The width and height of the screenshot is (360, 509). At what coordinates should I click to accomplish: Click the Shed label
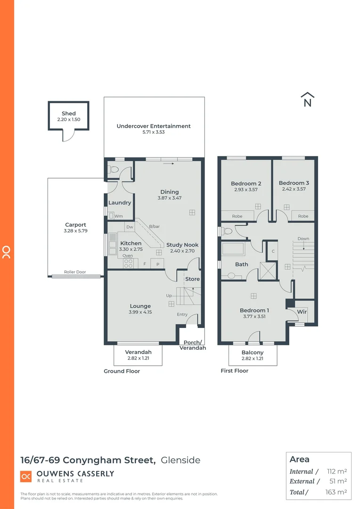[x=68, y=114]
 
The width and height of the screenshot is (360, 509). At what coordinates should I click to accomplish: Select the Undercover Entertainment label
[x=154, y=126]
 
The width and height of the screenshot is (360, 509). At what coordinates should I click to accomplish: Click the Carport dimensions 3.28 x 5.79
[x=76, y=231]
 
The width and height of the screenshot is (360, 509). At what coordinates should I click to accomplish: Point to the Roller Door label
[x=75, y=272]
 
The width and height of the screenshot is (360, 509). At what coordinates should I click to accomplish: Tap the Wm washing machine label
[x=119, y=216]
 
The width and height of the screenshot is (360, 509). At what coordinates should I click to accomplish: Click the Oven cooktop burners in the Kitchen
[x=128, y=263]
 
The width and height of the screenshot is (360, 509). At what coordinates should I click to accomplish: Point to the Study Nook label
[x=182, y=245]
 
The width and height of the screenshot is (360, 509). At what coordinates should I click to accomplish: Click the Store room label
[x=192, y=279]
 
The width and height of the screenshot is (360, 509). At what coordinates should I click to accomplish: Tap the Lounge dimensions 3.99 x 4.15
[x=140, y=312]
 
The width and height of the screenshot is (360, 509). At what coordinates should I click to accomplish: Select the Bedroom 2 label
[x=246, y=184]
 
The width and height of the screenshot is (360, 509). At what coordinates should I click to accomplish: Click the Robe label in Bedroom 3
[x=303, y=216]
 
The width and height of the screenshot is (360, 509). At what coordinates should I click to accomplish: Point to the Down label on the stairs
[x=303, y=238]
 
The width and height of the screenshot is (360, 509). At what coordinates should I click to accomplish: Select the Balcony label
[x=253, y=353]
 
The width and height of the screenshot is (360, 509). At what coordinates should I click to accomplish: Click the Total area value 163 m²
[x=337, y=492]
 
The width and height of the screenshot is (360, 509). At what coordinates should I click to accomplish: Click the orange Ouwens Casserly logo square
[x=26, y=476]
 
